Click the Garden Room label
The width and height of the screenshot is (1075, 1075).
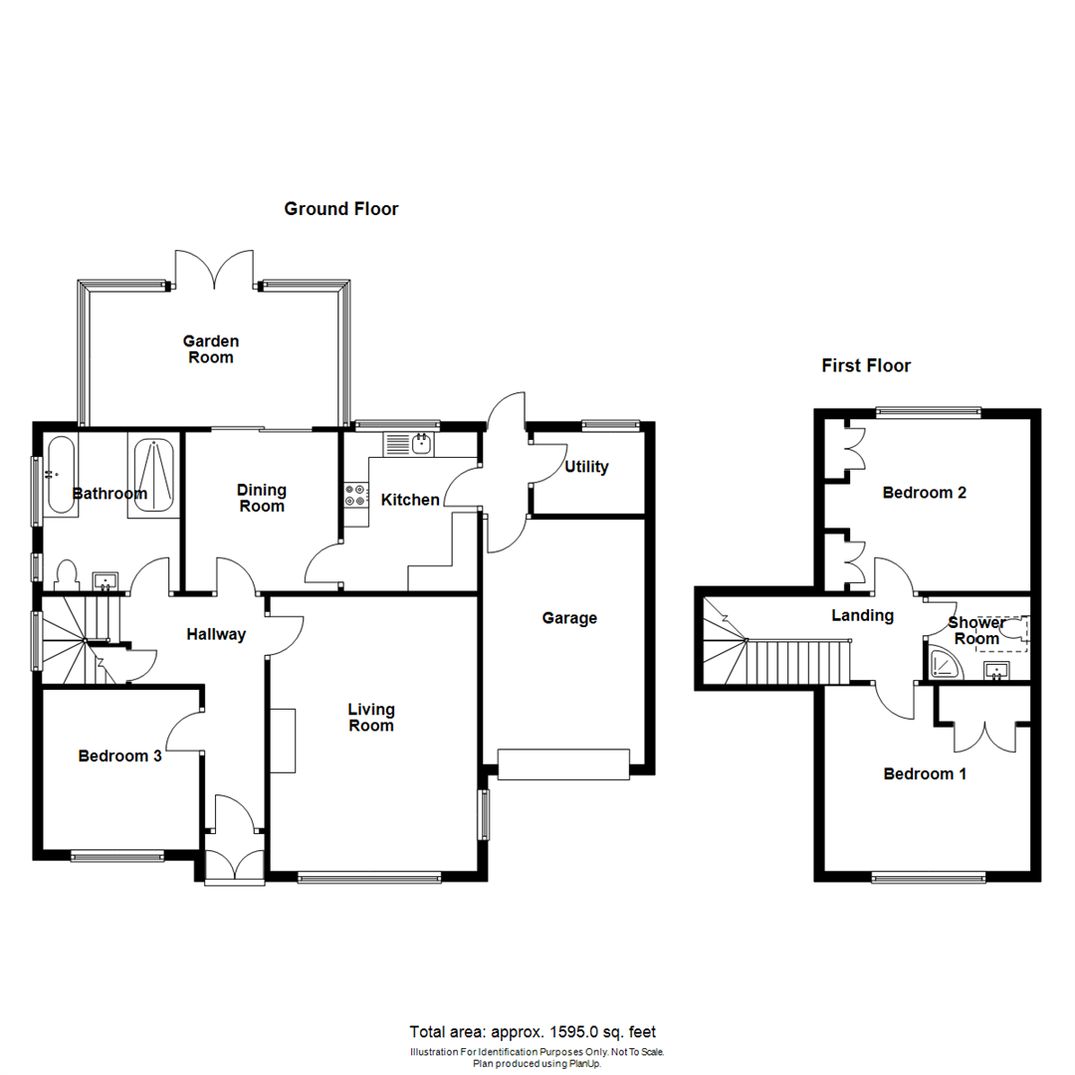[x=210, y=349]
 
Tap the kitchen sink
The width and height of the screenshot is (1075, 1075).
[x=410, y=443]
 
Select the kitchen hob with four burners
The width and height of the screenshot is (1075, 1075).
[x=355, y=495]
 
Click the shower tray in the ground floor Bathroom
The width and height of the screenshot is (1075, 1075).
[x=153, y=475]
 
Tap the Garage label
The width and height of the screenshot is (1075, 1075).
[x=569, y=618]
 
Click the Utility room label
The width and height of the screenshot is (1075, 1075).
[x=586, y=467]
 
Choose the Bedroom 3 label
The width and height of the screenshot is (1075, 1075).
[x=119, y=756]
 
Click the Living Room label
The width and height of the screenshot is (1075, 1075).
[x=371, y=718]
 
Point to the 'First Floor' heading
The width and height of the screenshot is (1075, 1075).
[x=866, y=366]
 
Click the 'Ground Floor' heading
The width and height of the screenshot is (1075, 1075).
[x=341, y=209]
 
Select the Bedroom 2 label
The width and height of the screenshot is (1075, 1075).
[x=925, y=493]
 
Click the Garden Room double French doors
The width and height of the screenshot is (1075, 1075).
[x=214, y=269]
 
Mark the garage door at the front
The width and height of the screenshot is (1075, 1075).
[x=563, y=763]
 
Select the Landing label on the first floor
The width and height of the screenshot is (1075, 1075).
[x=862, y=616]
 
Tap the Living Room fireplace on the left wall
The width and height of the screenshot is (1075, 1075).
[x=282, y=740]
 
